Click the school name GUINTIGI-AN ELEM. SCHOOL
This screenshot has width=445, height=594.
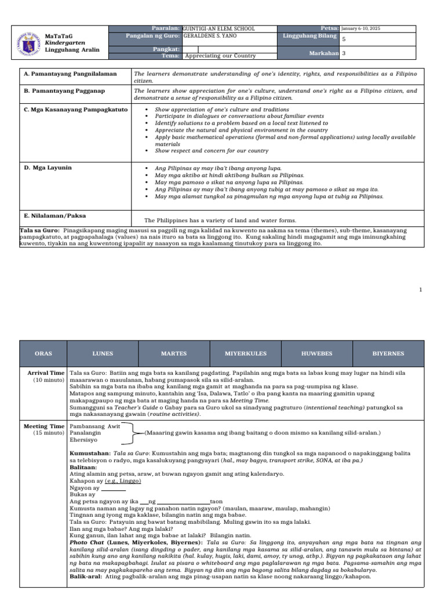pos(218,28)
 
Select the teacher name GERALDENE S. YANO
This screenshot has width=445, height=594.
pos(210,35)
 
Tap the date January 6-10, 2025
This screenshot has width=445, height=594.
pos(360,28)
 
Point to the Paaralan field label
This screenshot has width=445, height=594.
pos(166,28)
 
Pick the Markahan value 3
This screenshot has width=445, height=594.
pos(344,53)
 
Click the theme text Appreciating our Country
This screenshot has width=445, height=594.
pos(220,56)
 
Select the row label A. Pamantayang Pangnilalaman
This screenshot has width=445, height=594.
pos(70,74)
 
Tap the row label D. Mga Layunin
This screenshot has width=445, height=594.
pos(48,168)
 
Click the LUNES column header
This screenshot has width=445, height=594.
pos(103,353)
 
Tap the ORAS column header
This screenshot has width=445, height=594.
pos(43,353)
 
